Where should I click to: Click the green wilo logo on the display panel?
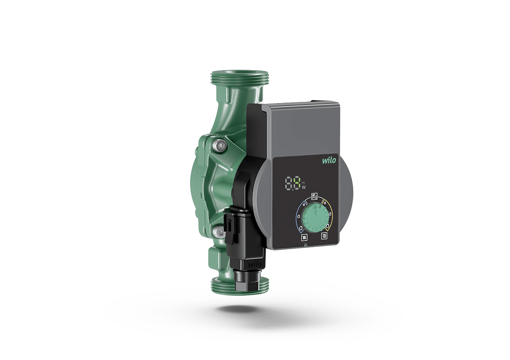point(329,160)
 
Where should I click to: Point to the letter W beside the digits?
point(304,188)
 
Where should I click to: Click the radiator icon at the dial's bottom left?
point(304,237)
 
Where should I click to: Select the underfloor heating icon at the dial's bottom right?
point(324,236)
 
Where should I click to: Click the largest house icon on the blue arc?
point(301,227)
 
